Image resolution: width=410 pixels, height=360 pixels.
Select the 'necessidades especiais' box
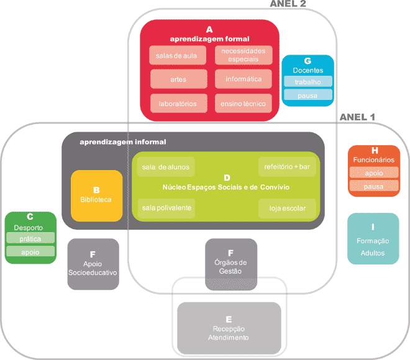[x=244, y=55]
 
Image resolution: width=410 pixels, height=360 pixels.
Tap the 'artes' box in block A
[x=178, y=79]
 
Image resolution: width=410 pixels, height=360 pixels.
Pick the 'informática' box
[x=244, y=79]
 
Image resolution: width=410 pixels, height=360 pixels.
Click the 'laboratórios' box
[x=178, y=104]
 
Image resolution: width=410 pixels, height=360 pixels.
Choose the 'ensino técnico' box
[x=244, y=104]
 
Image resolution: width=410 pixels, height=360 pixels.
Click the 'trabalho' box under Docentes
[x=307, y=81]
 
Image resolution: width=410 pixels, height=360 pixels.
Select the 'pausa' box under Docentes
[x=307, y=95]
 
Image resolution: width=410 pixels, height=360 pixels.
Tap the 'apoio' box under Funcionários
[x=373, y=173]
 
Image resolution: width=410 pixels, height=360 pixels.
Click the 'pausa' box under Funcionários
[x=373, y=186]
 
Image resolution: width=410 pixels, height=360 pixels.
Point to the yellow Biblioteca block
[x=96, y=196]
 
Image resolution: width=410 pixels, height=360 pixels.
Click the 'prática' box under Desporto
[x=30, y=238]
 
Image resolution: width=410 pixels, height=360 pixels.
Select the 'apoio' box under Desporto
[x=30, y=252]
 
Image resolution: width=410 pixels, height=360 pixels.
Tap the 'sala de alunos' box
[x=166, y=167]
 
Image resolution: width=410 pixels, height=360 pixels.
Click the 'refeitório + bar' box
[x=286, y=167]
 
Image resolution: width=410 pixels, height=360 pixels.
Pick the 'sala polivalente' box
[x=166, y=207]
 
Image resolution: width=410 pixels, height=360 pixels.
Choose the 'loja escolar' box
[x=287, y=208]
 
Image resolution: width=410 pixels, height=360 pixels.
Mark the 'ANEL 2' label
[x=288, y=4]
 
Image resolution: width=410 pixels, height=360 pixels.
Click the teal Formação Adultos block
[x=373, y=239]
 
